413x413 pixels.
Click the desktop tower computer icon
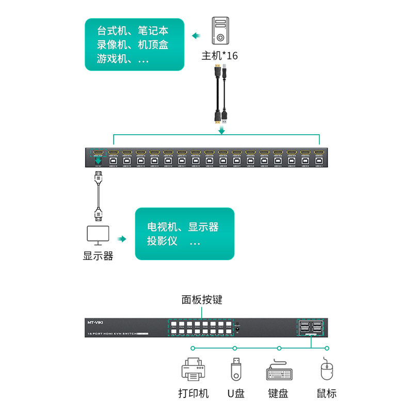point(220,30)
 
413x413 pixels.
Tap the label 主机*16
point(220,55)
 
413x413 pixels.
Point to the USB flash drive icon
point(235,369)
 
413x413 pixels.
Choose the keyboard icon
point(278,371)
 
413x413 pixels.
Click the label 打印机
point(194,393)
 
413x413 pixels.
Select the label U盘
point(236,393)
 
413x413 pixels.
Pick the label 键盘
point(278,393)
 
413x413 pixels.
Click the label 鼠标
point(326,393)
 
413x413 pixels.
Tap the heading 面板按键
point(202,299)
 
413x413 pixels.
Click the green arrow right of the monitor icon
point(122,239)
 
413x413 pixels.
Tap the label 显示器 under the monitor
point(98,256)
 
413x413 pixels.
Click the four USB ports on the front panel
point(310,328)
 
